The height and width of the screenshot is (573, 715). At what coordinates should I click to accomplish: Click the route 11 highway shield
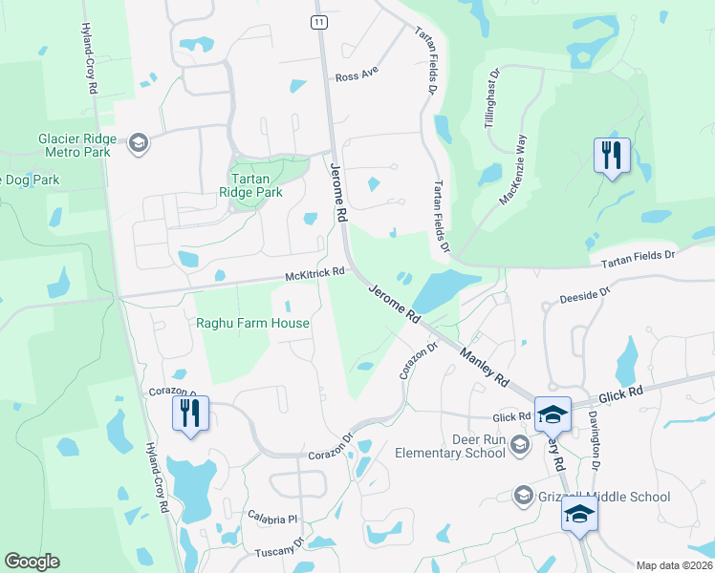pyautogui.click(x=318, y=21)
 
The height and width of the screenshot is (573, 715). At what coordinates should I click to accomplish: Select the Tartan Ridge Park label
pyautogui.click(x=257, y=179)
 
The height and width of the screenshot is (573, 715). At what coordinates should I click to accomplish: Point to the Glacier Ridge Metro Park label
pyautogui.click(x=76, y=145)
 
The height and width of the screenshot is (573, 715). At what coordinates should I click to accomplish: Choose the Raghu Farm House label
pyautogui.click(x=252, y=323)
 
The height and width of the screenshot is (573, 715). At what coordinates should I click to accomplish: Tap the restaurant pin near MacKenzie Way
pyautogui.click(x=612, y=156)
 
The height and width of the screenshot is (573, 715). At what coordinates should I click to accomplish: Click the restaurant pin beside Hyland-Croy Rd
pyautogui.click(x=188, y=414)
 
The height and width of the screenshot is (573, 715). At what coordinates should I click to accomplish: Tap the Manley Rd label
pyautogui.click(x=484, y=367)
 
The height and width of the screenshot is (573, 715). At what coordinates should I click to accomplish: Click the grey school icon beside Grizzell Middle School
pyautogui.click(x=523, y=496)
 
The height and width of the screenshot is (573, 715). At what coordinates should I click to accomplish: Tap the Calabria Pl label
pyautogui.click(x=272, y=520)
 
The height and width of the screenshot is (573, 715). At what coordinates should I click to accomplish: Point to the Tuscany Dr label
pyautogui.click(x=279, y=548)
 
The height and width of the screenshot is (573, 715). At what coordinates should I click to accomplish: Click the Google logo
pyautogui.click(x=32, y=562)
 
